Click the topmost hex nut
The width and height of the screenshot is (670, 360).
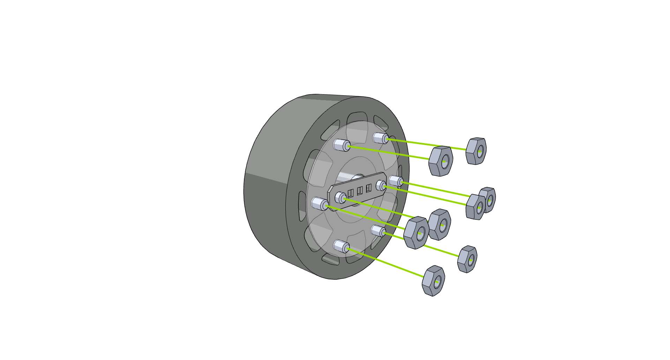click(476, 151)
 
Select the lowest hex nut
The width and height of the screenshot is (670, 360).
click(433, 281)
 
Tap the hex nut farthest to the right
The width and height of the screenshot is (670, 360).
click(487, 200)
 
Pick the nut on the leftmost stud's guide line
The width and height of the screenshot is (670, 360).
click(416, 233)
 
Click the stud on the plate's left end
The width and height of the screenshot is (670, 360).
click(340, 197)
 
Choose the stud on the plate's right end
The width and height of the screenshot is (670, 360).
click(381, 186)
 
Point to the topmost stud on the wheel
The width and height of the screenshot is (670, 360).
click(380, 138)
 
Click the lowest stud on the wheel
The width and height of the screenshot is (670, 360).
click(341, 246)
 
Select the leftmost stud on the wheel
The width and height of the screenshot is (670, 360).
click(319, 203)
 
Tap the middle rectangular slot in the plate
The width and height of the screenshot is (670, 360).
click(360, 190)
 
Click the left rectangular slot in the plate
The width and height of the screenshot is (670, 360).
click(351, 193)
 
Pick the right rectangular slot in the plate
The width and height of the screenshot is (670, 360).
click(368, 188)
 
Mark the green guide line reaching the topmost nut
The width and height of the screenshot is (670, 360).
click(426, 144)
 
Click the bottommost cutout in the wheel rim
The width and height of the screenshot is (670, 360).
click(330, 259)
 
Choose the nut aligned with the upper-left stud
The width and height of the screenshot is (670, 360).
click(440, 161)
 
